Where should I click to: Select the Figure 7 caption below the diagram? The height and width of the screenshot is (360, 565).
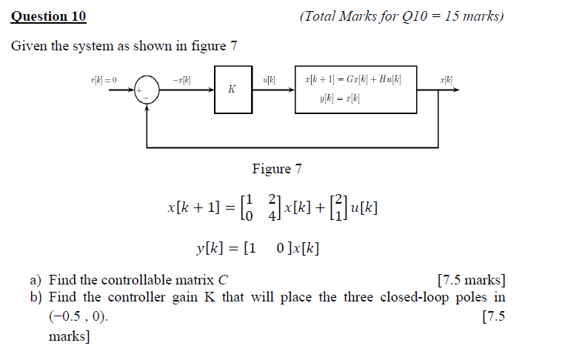(277, 169)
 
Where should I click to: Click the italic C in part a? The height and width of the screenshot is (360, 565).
(223, 280)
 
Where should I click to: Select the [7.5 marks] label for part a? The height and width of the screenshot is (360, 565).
(472, 280)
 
